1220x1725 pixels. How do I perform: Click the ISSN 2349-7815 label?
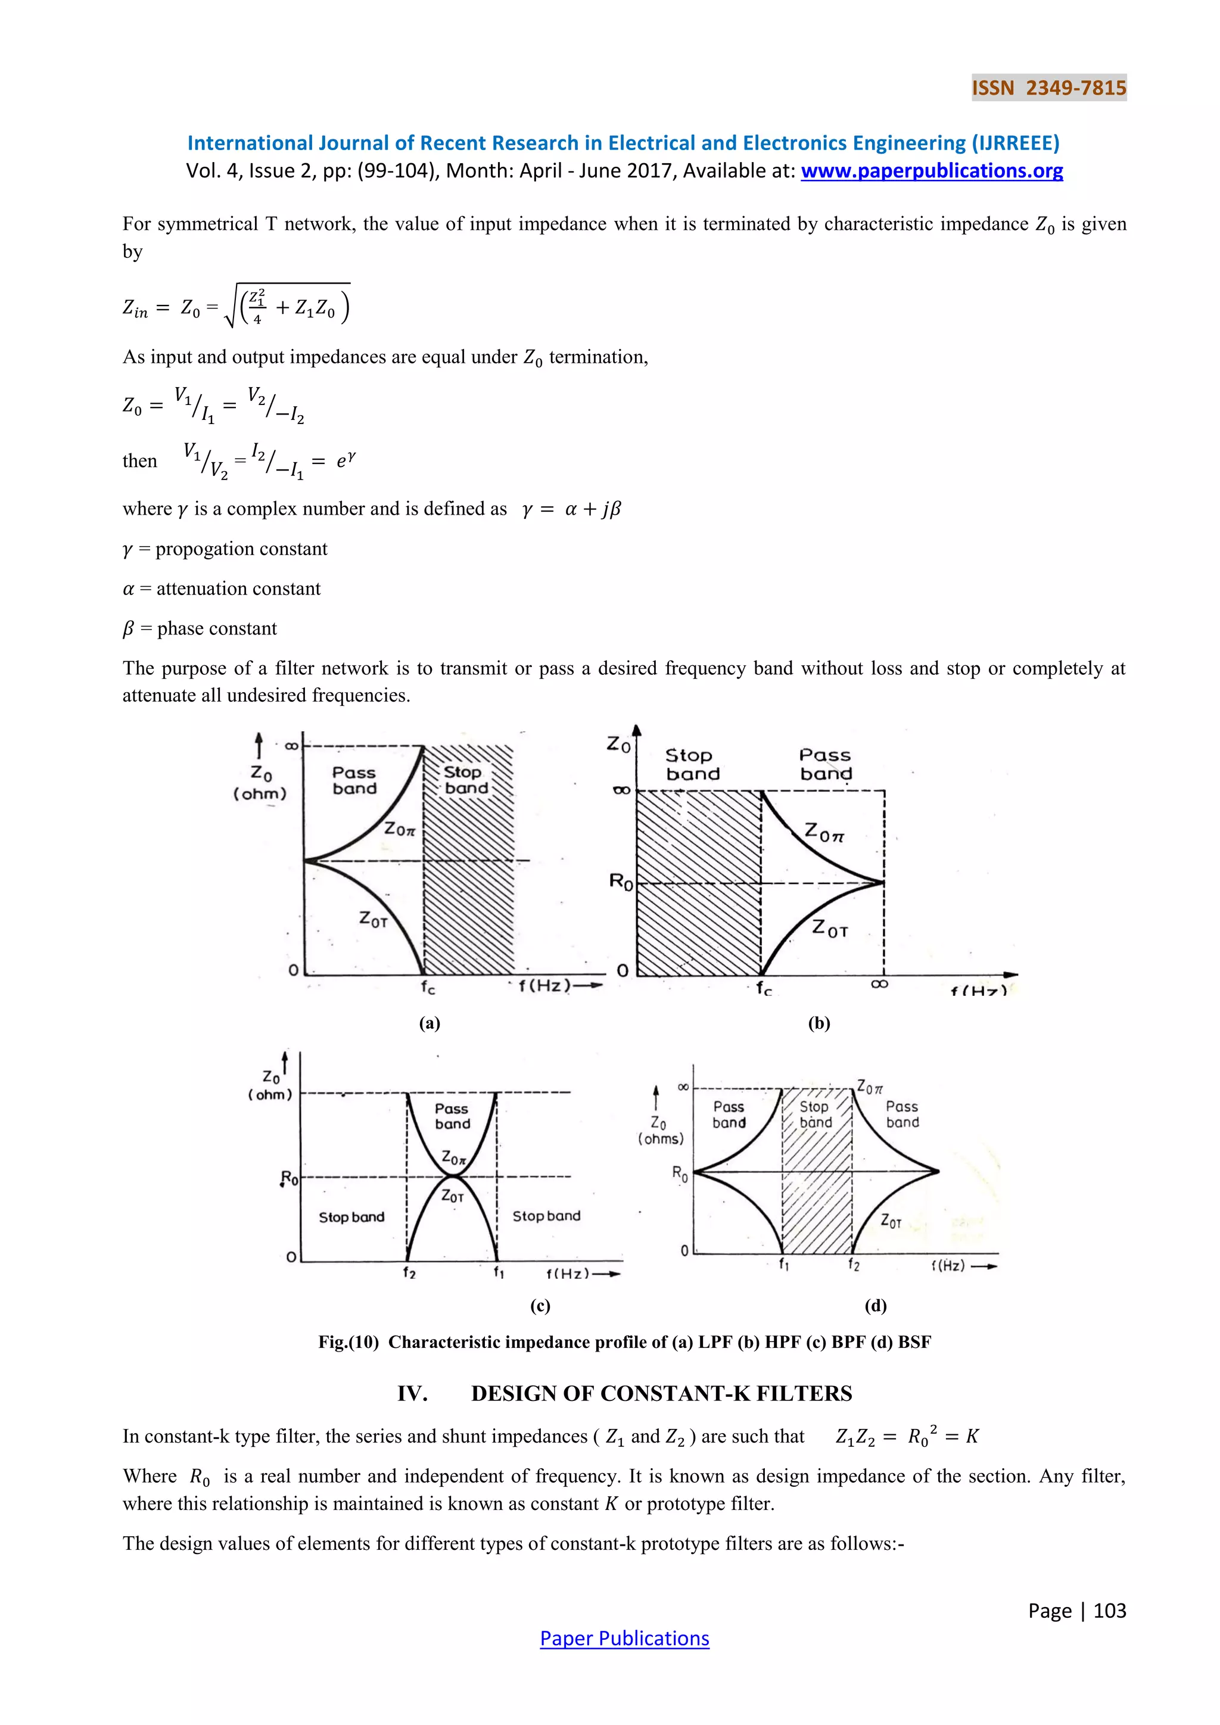[x=1048, y=88]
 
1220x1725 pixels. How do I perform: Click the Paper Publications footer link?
[x=624, y=1638]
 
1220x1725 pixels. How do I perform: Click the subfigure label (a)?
[x=429, y=1023]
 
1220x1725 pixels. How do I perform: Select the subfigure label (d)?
[x=875, y=1305]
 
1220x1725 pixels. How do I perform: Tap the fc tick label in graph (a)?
[x=428, y=987]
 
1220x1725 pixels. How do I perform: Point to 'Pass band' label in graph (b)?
[x=825, y=764]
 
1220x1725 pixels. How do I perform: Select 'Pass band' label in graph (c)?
[x=452, y=1116]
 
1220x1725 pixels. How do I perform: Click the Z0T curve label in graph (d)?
[x=891, y=1221]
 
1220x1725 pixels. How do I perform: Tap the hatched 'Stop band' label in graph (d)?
[x=815, y=1114]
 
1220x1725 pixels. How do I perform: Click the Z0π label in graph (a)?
[x=399, y=830]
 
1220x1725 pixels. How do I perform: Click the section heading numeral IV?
[x=412, y=1394]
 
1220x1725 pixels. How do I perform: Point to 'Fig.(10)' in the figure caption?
[x=348, y=1342]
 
